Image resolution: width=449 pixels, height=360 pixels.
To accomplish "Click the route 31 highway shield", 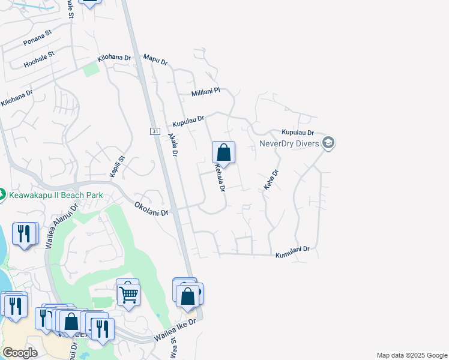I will coord(155,131).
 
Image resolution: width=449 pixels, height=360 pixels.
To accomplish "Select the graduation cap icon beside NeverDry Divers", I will coord(328,143).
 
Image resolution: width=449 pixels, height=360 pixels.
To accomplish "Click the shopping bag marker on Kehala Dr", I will coord(223,153).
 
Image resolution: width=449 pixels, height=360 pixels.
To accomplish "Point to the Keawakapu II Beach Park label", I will coord(56,195).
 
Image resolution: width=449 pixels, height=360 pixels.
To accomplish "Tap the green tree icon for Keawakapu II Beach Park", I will coord(2,194).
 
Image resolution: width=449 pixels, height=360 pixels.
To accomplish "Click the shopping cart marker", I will coord(128,293).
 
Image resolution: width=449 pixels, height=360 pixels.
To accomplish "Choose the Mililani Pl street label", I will coord(206,92).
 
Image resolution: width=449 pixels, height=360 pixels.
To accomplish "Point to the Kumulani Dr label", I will coord(292,253).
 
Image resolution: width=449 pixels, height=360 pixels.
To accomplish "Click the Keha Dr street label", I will coord(271,180).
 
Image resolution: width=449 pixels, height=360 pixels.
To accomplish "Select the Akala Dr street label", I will coord(173,145).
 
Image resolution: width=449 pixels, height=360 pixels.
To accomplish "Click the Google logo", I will coord(20,353).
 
